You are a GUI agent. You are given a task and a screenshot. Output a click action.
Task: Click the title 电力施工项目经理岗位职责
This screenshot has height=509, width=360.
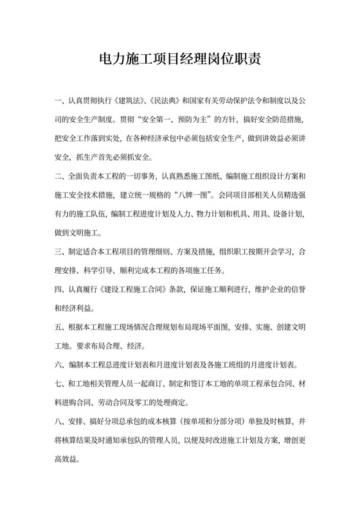179,62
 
